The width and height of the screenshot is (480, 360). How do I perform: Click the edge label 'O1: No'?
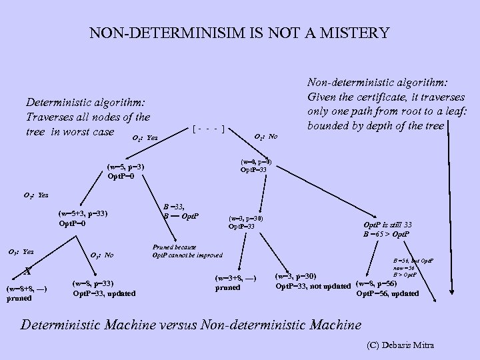coord(267,137)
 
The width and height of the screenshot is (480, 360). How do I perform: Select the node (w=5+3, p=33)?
coord(83,214)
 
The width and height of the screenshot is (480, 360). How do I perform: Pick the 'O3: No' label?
coord(101,255)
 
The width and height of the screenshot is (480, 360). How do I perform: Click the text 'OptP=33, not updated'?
coord(313,287)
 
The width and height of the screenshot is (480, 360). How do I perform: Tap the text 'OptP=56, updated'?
coord(387,293)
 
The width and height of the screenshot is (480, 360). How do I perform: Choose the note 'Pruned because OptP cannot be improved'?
coord(187,250)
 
